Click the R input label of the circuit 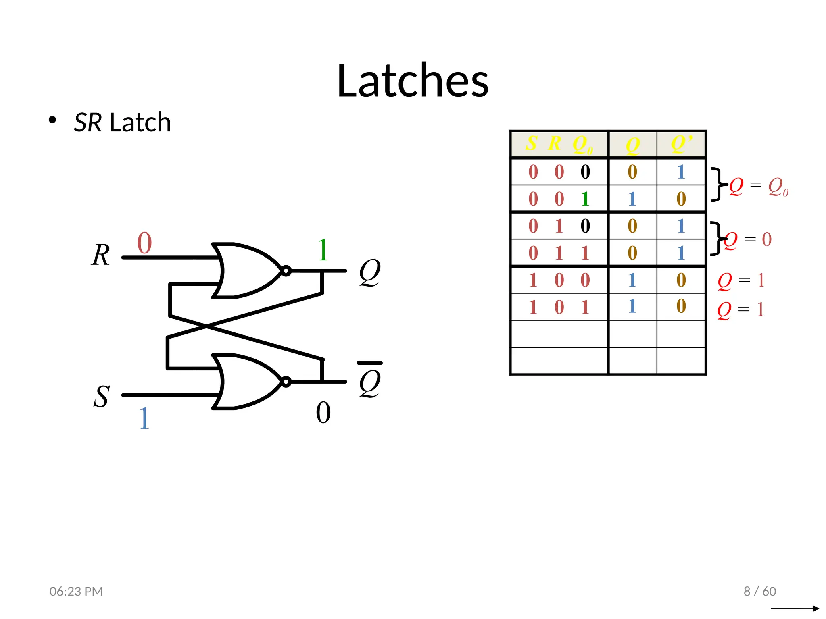(x=100, y=255)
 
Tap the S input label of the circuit (x=101, y=396)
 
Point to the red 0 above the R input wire (x=144, y=243)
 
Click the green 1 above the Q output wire (x=323, y=250)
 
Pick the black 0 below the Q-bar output (x=323, y=413)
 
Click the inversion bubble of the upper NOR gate (x=286, y=271)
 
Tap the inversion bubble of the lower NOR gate (x=286, y=382)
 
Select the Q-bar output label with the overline (x=370, y=380)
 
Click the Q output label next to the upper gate (x=369, y=272)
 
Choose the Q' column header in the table (x=681, y=144)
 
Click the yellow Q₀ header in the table (x=582, y=144)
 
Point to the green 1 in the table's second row (x=585, y=199)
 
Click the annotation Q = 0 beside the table (x=749, y=240)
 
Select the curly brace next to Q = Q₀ (x=717, y=184)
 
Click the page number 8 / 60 (x=759, y=591)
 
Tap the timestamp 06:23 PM (x=76, y=591)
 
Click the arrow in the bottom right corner (x=795, y=608)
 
